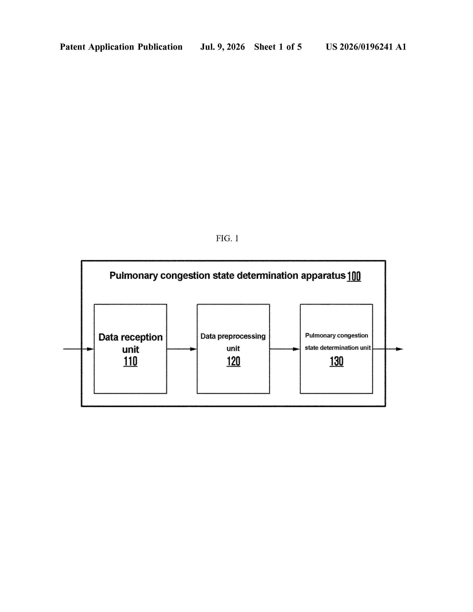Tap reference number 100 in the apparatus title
coord(354,276)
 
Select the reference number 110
coord(130,361)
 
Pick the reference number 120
coord(233,361)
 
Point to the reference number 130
coord(336,361)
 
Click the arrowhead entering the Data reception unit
coord(90,349)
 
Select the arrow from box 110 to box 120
coord(182,349)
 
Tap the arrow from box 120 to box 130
coord(285,349)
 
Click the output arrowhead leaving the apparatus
coord(399,349)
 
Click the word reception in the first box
coord(142,337)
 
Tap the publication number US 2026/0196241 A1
coord(366,47)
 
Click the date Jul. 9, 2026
coord(222,47)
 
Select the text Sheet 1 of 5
coord(278,47)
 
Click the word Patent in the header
coord(73,47)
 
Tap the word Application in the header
coord(111,47)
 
